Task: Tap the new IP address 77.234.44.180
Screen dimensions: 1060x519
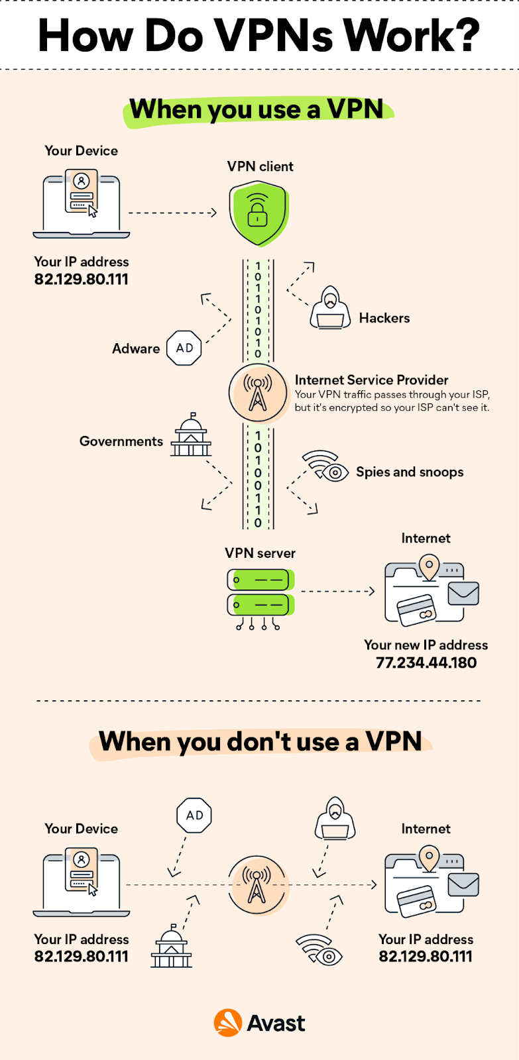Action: click(x=426, y=662)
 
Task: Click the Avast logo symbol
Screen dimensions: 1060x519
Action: click(x=227, y=1023)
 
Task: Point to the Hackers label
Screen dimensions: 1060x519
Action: click(x=384, y=318)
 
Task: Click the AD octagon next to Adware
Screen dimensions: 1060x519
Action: click(x=184, y=348)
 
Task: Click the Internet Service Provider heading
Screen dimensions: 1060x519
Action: click(x=371, y=380)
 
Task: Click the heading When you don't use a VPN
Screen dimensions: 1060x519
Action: click(x=260, y=741)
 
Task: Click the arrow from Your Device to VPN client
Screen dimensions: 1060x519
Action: click(x=172, y=213)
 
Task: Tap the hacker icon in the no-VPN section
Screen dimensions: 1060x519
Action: click(x=335, y=819)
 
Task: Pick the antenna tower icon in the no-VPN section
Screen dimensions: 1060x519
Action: click(x=257, y=885)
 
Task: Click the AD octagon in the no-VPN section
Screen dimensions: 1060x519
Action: click(x=194, y=816)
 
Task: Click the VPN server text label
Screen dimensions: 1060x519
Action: click(x=260, y=553)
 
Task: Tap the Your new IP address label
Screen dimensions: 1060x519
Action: click(x=426, y=645)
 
